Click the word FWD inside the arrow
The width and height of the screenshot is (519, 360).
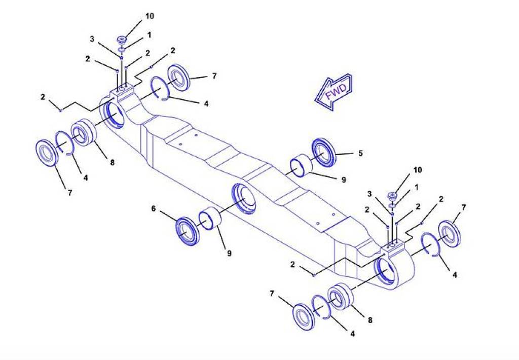(336, 92)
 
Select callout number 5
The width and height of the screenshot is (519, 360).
(360, 153)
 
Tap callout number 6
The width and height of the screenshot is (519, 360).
(153, 208)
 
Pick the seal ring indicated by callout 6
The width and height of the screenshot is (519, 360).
(187, 231)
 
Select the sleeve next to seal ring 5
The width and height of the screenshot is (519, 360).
(301, 165)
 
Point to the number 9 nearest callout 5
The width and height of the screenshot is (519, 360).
(344, 179)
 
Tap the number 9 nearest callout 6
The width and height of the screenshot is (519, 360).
(229, 254)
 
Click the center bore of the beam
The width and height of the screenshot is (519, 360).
(244, 198)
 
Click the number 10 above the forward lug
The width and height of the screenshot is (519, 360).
(150, 16)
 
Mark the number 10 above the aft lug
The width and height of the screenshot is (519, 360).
(418, 170)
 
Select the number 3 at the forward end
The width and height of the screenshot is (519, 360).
(92, 39)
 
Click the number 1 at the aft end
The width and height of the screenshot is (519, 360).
(417, 187)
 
